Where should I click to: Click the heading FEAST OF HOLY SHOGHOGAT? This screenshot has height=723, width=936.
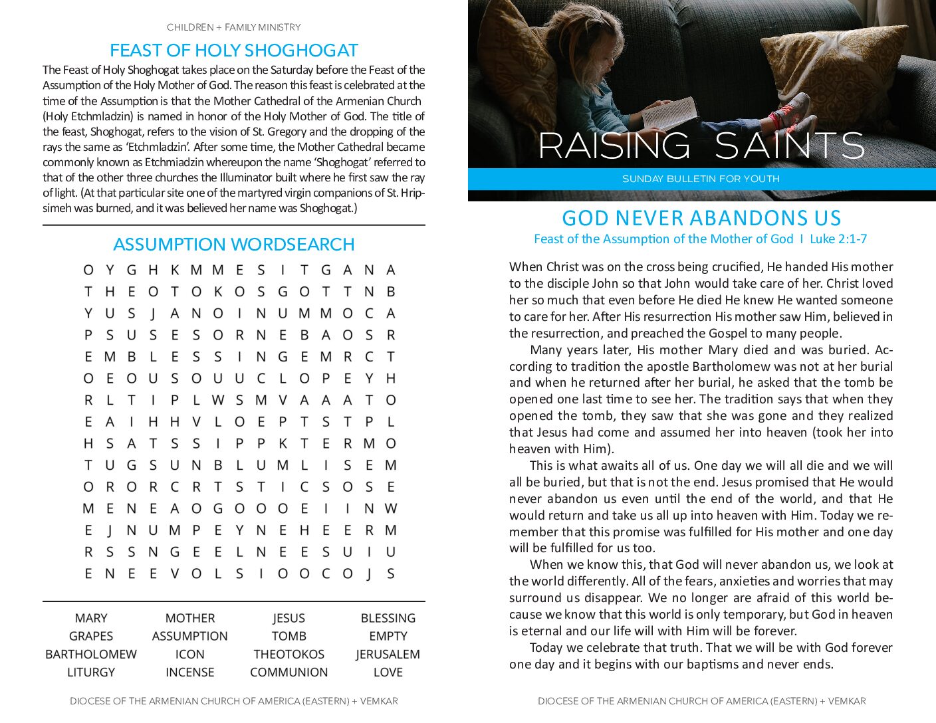coord(233,51)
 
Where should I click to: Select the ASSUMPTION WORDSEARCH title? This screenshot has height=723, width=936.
coord(233,245)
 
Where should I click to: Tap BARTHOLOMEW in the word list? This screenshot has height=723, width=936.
coord(91,654)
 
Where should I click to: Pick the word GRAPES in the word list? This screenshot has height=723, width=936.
coord(91,636)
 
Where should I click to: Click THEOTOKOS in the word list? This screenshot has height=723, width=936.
coord(289,654)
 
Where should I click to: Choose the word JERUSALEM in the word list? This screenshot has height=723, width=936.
coord(388,654)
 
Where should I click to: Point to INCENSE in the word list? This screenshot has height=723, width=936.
coord(189,672)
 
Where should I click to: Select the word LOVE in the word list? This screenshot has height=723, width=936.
coord(388,672)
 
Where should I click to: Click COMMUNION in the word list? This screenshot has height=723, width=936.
coord(289,672)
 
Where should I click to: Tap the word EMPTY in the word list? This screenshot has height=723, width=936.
coord(388,636)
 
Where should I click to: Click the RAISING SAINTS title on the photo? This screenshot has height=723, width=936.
coord(701,146)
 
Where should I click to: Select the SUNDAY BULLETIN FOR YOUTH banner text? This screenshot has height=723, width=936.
coord(701,179)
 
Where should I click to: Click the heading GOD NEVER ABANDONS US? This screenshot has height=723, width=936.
coord(701,218)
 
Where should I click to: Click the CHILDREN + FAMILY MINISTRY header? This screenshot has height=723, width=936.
coord(233,27)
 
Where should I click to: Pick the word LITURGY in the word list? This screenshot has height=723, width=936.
coord(91,672)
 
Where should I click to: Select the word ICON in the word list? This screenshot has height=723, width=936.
coord(189,654)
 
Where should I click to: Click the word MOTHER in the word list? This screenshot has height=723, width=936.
coord(189,618)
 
